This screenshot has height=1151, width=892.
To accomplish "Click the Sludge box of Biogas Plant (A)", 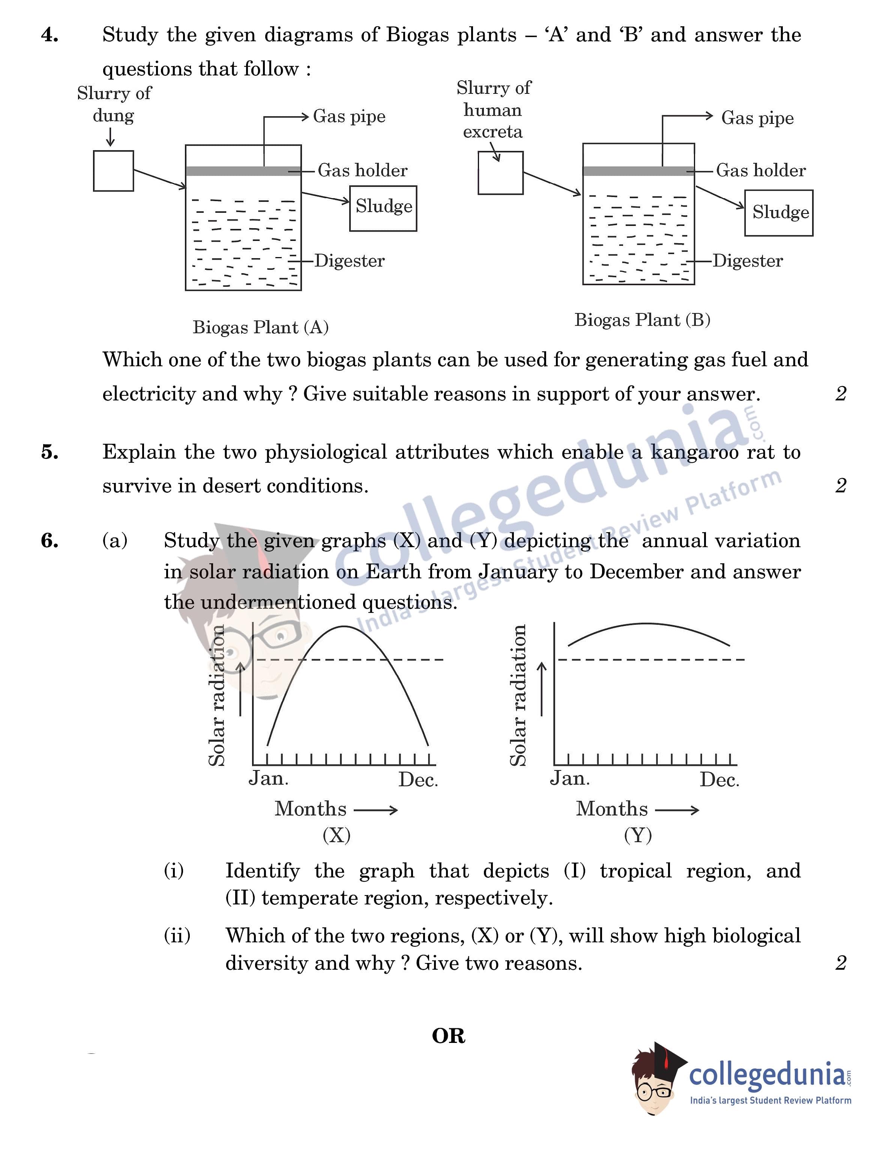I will click(x=383, y=208).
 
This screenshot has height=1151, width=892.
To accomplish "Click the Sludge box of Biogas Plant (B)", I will click(x=778, y=213).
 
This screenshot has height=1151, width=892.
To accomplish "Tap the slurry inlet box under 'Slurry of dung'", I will click(x=113, y=171).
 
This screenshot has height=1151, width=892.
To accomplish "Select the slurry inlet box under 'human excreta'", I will click(x=500, y=173).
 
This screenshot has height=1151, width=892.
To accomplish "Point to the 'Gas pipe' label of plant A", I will click(x=349, y=116).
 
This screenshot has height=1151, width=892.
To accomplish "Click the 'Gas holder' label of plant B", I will click(x=760, y=171).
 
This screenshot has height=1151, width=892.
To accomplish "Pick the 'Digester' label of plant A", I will click(x=349, y=261).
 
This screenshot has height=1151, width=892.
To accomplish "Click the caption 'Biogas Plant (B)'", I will click(x=642, y=320).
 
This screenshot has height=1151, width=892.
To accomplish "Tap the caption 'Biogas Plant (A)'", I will click(x=260, y=327).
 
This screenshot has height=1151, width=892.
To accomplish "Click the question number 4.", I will click(x=50, y=35).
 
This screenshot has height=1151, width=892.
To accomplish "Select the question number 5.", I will click(x=50, y=452).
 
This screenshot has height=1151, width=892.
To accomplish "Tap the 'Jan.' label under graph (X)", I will click(x=268, y=778).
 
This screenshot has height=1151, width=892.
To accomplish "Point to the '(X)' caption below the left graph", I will click(x=336, y=835).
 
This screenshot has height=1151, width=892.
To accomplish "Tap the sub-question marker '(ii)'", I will click(x=177, y=936).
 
